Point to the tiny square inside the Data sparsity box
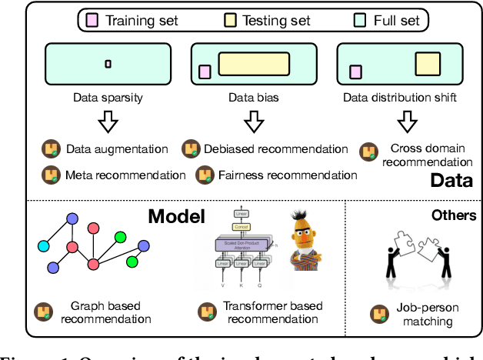(108, 63)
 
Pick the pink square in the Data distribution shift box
(355, 72)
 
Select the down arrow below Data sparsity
(107, 122)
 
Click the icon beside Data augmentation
(52, 149)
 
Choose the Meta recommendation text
(125, 175)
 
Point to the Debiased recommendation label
(275, 148)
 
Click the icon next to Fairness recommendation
(205, 175)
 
